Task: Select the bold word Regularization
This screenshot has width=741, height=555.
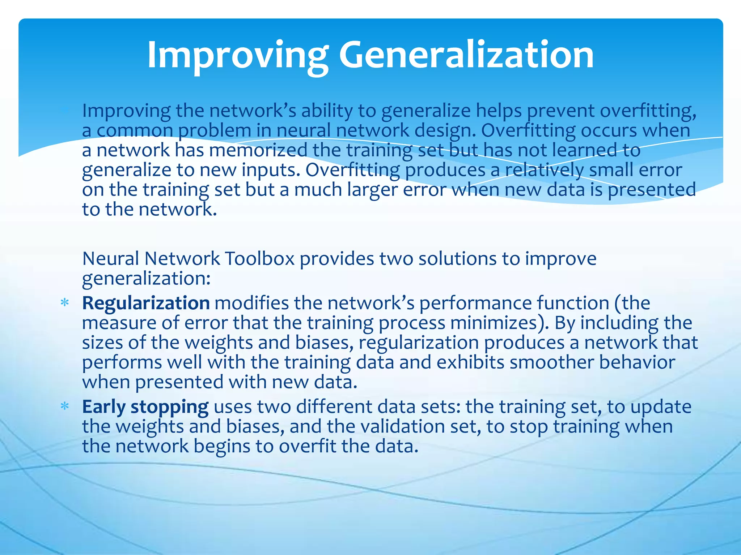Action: (146, 303)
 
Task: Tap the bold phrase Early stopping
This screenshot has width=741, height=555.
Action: (145, 407)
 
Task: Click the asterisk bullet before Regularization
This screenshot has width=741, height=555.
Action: (65, 303)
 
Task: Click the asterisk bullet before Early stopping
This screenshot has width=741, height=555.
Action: (65, 407)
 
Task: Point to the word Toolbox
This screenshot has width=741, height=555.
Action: (260, 259)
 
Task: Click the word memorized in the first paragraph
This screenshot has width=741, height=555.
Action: (258, 150)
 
